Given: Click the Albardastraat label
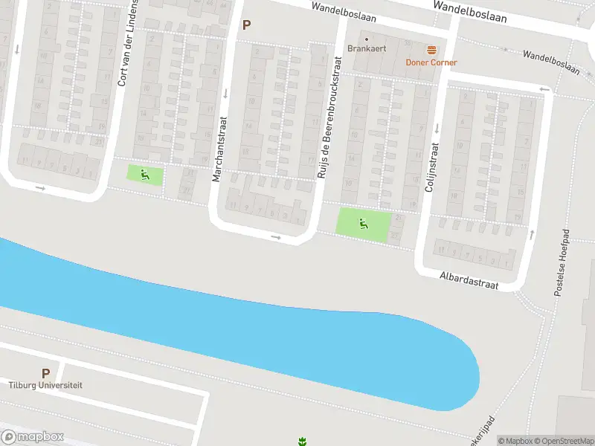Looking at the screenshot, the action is click(468, 279).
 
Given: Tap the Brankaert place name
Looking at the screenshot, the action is click(367, 48).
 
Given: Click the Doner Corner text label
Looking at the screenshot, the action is click(431, 62).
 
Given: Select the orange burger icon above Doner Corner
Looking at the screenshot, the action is click(431, 50).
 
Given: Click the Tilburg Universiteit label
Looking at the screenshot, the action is click(45, 385).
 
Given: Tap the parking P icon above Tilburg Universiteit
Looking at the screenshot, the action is click(45, 373).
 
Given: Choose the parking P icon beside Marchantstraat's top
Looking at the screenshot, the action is click(246, 25).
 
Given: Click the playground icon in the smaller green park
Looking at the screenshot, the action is click(145, 175).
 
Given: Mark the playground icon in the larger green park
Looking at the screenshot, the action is click(363, 223).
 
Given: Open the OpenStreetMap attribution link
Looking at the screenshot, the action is click(565, 441).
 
